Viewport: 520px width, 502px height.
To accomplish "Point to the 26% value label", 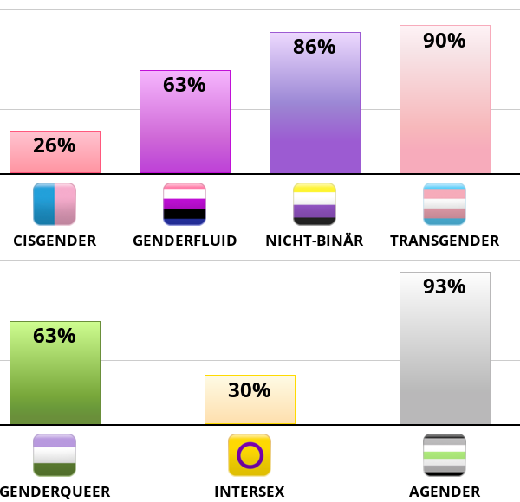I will pyautogui.click(x=55, y=145).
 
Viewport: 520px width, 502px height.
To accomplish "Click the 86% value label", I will pyautogui.click(x=315, y=47).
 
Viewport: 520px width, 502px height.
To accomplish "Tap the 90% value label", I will pyautogui.click(x=445, y=40).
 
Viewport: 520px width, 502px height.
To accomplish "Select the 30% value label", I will pyautogui.click(x=250, y=390).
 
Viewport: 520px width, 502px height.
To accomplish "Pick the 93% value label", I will pyautogui.click(x=445, y=286).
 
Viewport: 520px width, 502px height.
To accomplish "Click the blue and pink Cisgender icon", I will pyautogui.click(x=55, y=204).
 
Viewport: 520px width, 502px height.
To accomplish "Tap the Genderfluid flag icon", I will pyautogui.click(x=185, y=204).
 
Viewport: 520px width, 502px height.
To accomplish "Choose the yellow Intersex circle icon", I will pyautogui.click(x=250, y=455).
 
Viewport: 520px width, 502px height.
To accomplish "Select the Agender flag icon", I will pyautogui.click(x=445, y=455).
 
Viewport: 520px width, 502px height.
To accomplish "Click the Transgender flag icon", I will pyautogui.click(x=445, y=204).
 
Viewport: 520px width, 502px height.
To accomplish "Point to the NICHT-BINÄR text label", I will pyautogui.click(x=315, y=241).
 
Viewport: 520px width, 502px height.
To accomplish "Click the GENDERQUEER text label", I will pyautogui.click(x=55, y=492).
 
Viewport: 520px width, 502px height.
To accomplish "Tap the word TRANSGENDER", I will pyautogui.click(x=445, y=241).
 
